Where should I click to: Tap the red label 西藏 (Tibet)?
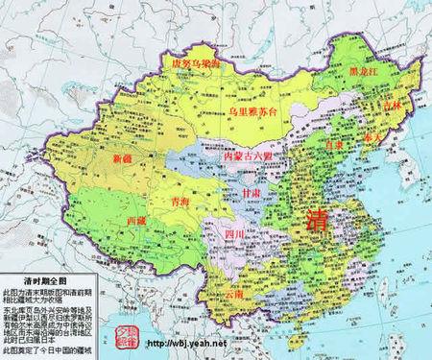click(x=137, y=220)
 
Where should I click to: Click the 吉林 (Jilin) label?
click(x=390, y=105)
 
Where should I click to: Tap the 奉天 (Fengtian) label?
click(x=372, y=138)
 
